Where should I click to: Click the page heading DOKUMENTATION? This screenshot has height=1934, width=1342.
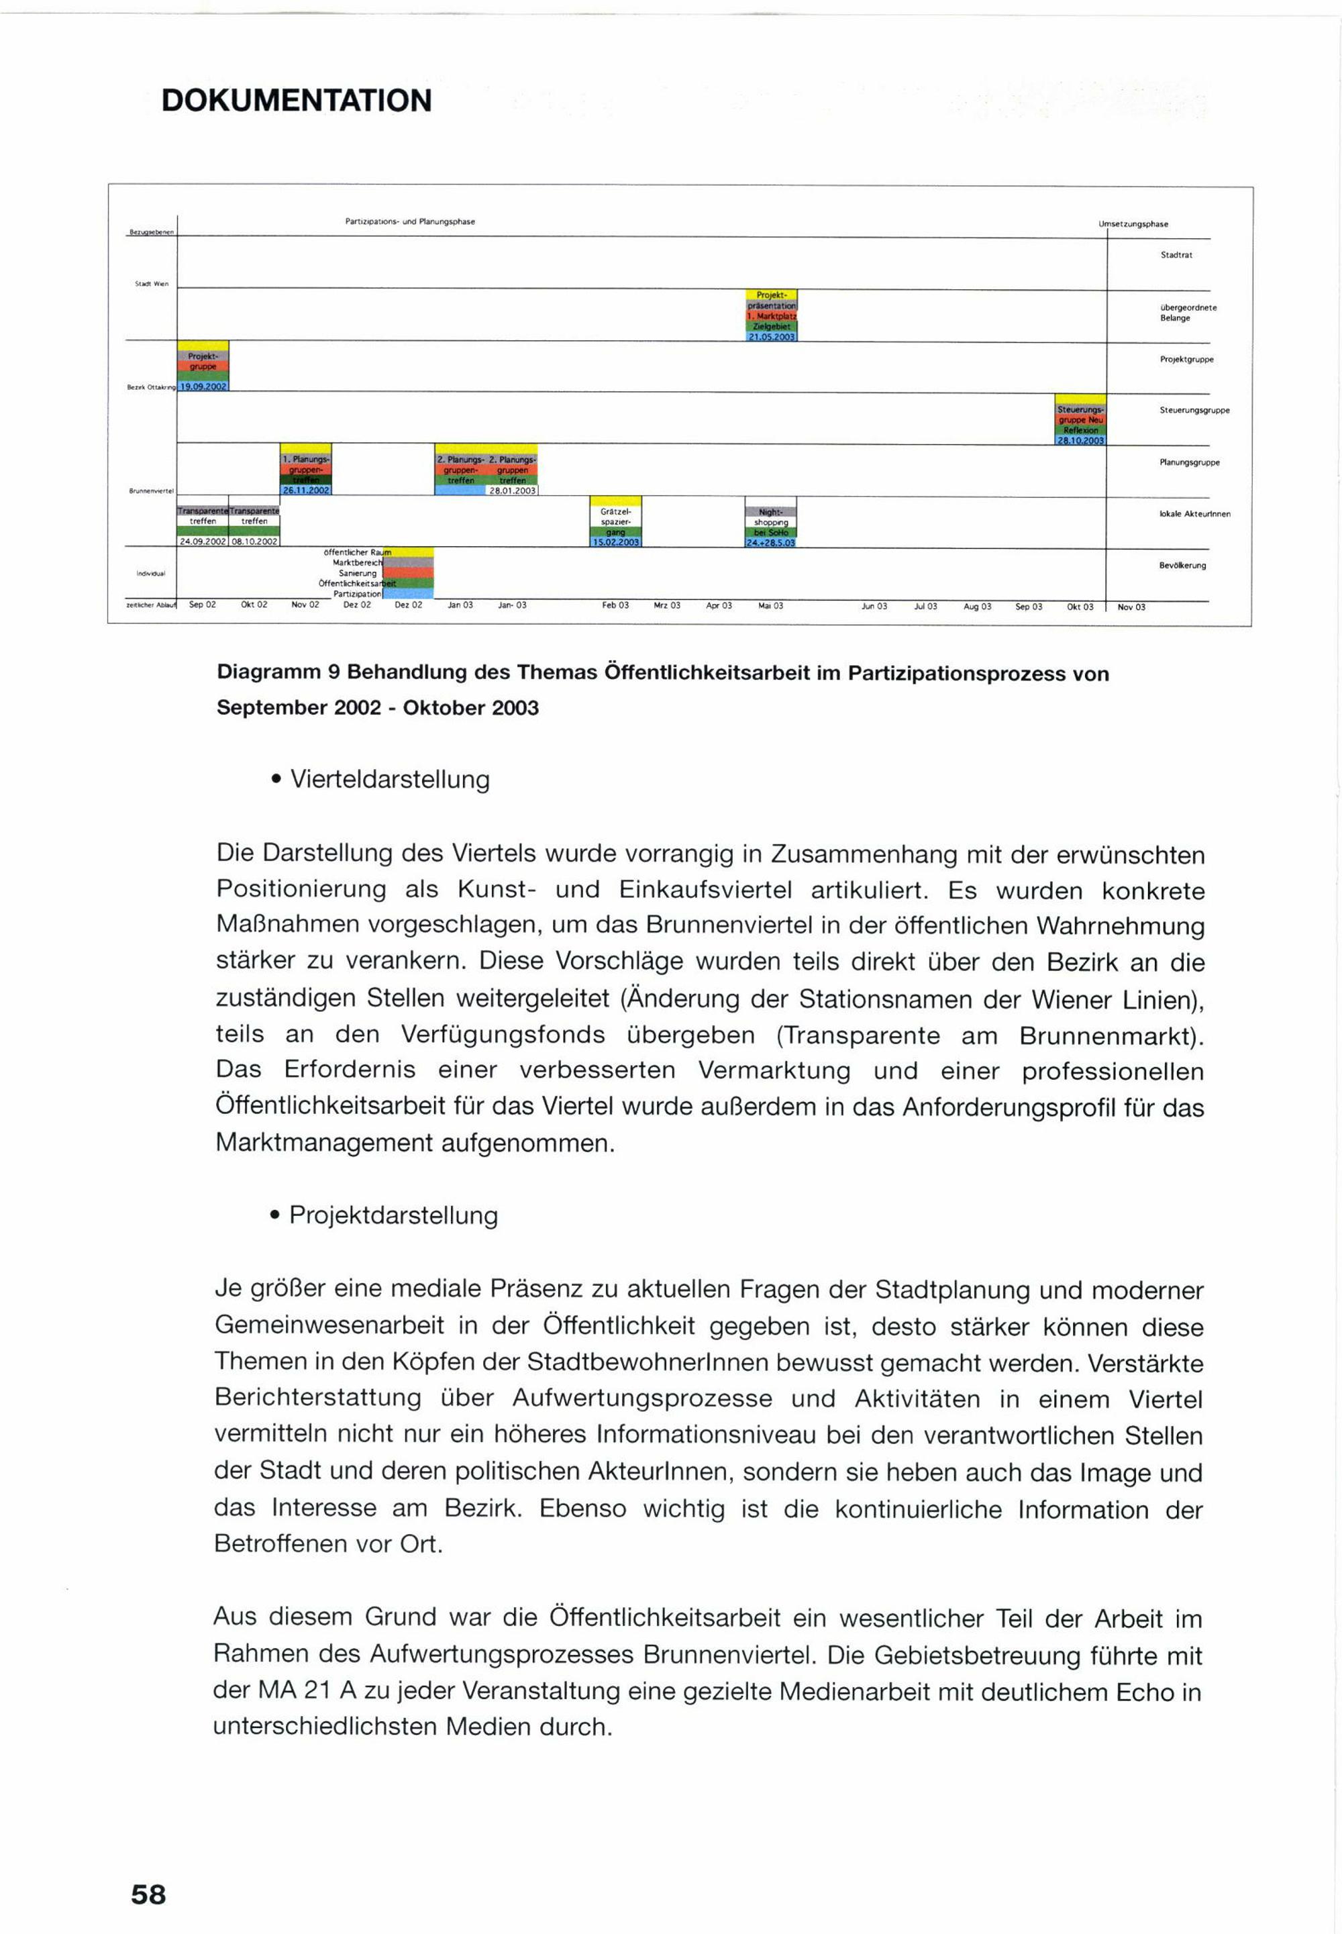[x=296, y=100]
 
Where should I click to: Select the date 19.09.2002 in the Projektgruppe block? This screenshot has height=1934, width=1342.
[x=203, y=387]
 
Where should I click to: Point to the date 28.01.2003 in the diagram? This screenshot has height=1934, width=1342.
[x=512, y=491]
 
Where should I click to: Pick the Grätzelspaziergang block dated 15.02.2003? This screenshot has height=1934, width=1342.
[x=615, y=521]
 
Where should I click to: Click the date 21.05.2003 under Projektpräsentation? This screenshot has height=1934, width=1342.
[x=771, y=336]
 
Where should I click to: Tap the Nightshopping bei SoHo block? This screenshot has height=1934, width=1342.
[x=770, y=526]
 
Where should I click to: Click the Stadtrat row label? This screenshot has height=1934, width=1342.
[x=1176, y=255]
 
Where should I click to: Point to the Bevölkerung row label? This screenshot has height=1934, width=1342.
[x=1182, y=565]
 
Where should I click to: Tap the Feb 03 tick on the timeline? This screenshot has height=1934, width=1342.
[x=615, y=605]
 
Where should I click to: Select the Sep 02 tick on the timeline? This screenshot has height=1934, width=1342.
[x=203, y=605]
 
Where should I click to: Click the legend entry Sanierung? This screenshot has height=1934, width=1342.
[x=358, y=574]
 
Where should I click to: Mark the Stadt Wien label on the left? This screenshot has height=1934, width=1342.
[x=152, y=283]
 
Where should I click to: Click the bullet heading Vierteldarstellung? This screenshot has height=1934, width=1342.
[x=389, y=780]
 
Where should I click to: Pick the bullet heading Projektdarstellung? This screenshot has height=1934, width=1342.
[x=393, y=1215]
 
